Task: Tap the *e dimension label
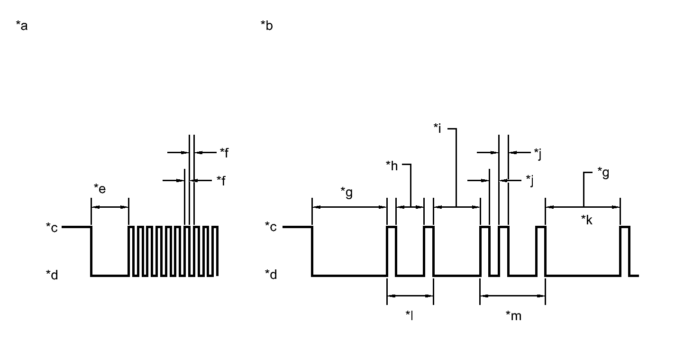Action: (x=100, y=189)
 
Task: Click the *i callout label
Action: (x=438, y=128)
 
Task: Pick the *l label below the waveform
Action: (x=409, y=315)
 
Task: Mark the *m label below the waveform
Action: (x=513, y=315)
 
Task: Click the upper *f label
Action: (x=225, y=152)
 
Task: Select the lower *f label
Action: (x=221, y=180)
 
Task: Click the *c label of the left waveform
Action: (x=52, y=228)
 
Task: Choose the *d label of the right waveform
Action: (x=271, y=275)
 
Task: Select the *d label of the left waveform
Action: (x=52, y=275)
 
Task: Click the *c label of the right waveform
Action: (x=271, y=228)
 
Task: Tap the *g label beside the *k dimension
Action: (x=603, y=172)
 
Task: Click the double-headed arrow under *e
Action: (x=109, y=207)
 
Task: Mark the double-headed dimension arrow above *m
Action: (x=512, y=296)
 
